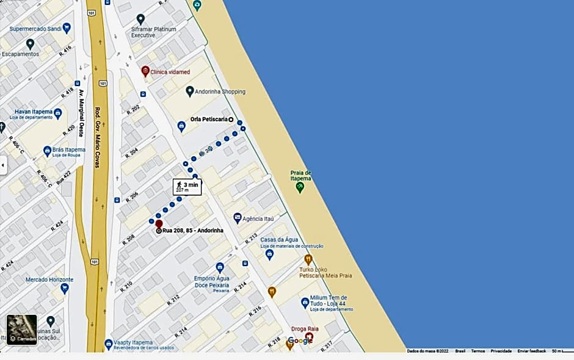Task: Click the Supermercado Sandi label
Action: pyautogui.click(x=36, y=29)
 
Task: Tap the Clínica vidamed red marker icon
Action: pyautogui.click(x=145, y=71)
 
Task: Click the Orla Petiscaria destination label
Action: pyautogui.click(x=209, y=120)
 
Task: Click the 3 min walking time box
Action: pyautogui.click(x=187, y=187)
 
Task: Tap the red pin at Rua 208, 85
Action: pyautogui.click(x=159, y=224)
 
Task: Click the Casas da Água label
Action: pyautogui.click(x=278, y=240)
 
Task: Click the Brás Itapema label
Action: pyautogui.click(x=68, y=149)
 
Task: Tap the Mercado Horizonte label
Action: pyautogui.click(x=49, y=279)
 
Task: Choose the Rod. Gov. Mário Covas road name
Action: pyautogui.click(x=96, y=137)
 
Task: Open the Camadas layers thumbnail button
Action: pyautogui.click(x=22, y=330)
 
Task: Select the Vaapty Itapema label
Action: pyautogui.click(x=133, y=343)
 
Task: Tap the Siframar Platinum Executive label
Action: pyautogui.click(x=153, y=32)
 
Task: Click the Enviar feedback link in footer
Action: pyautogui.click(x=531, y=351)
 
